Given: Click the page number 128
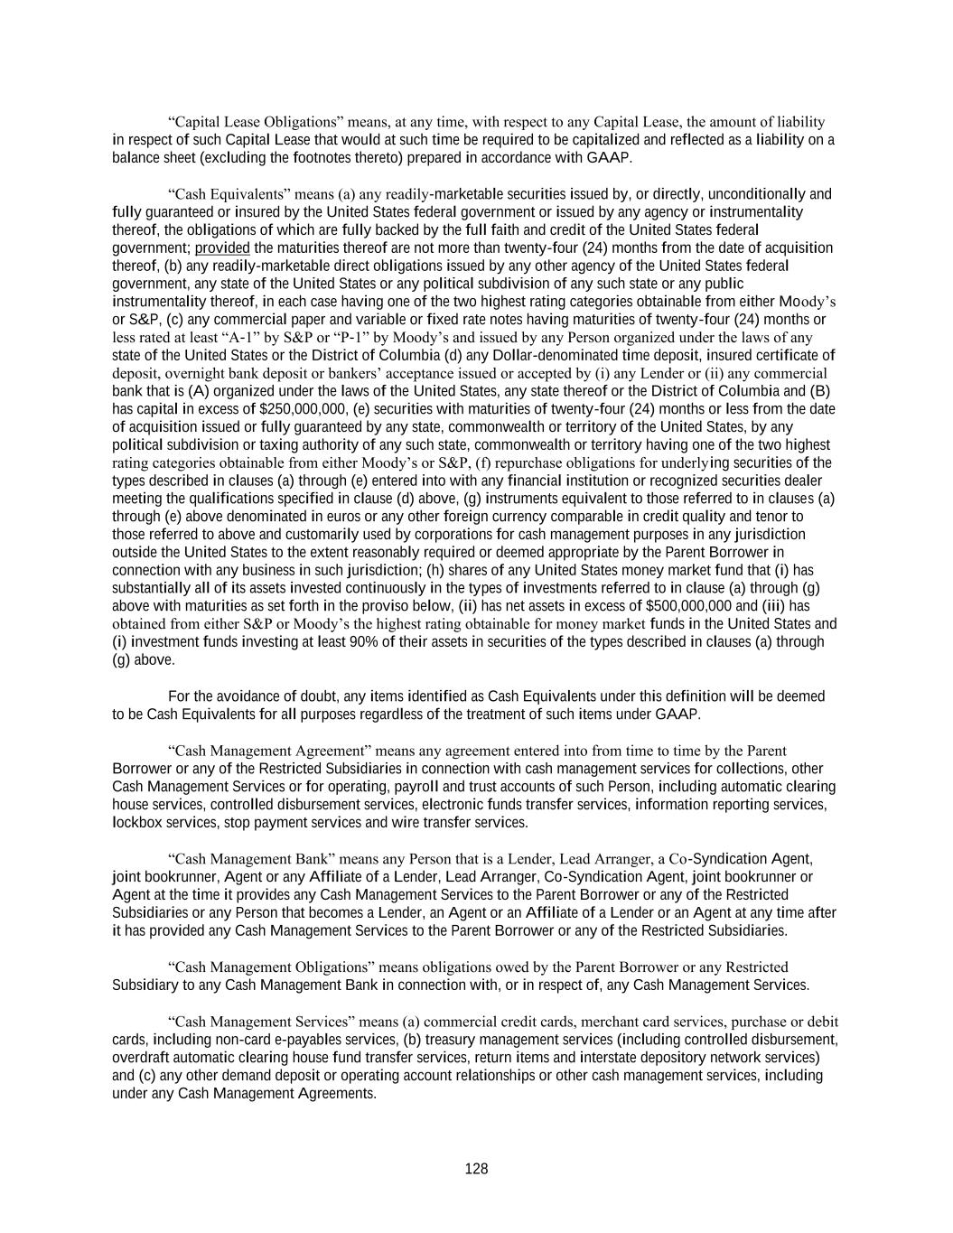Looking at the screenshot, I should (476, 1169).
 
